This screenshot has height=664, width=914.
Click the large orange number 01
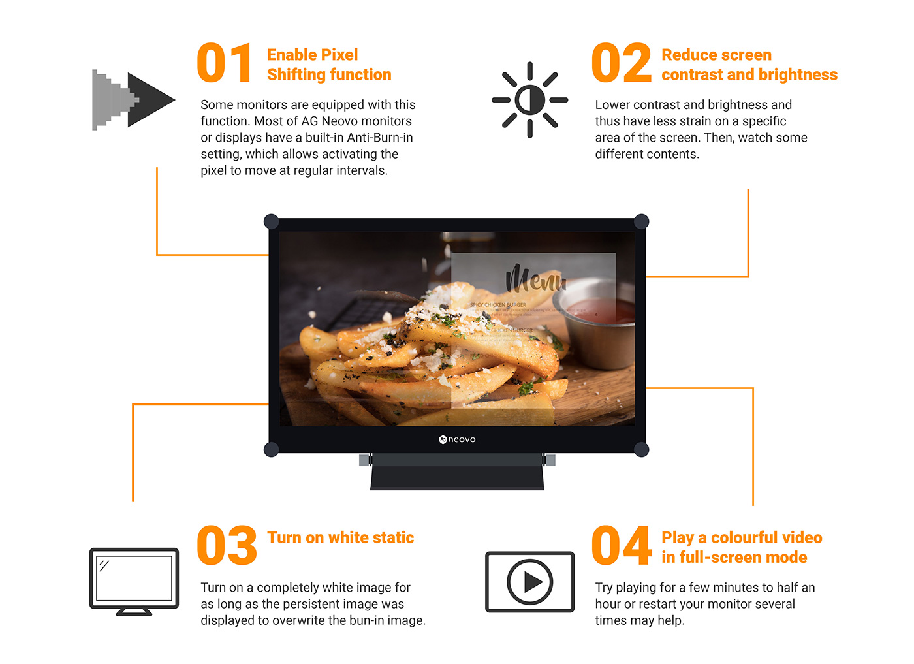click(x=225, y=63)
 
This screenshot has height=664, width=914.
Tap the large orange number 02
click(x=621, y=63)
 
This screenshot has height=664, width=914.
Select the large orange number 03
click(x=227, y=546)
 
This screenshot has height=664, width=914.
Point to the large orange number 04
click(x=621, y=546)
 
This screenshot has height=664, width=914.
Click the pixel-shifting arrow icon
click(x=133, y=100)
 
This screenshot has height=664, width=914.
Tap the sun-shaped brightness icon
click(x=529, y=100)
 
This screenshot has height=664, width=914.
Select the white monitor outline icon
click(x=134, y=580)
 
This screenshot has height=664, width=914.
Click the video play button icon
click(x=529, y=582)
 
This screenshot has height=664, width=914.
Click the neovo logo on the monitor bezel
click(x=457, y=439)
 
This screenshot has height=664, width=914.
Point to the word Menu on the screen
click(x=535, y=279)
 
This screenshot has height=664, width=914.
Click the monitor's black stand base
click(x=457, y=476)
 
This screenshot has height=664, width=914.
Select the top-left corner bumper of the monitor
click(x=272, y=221)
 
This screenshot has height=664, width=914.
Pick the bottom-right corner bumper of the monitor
click(x=641, y=449)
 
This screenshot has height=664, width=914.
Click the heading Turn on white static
click(x=340, y=537)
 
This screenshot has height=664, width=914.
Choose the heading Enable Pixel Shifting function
click(x=328, y=65)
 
